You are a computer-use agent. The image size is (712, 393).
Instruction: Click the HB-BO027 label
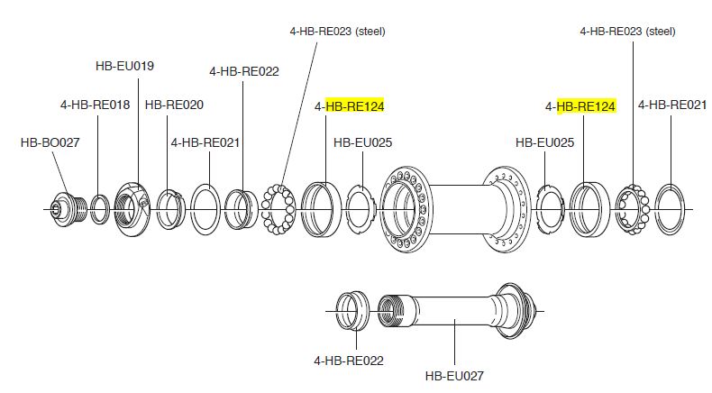(46, 142)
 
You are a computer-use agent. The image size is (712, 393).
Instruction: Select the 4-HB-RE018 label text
(95, 105)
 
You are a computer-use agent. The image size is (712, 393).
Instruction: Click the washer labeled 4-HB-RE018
(102, 209)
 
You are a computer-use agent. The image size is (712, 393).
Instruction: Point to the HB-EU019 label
(124, 66)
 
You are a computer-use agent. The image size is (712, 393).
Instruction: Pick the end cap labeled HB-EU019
(134, 209)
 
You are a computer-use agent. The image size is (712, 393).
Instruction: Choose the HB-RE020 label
(174, 105)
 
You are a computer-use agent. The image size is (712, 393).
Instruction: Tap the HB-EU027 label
(455, 375)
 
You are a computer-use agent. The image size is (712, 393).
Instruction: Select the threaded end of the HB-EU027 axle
(395, 311)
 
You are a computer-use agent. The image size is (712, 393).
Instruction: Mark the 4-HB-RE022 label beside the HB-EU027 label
(349, 361)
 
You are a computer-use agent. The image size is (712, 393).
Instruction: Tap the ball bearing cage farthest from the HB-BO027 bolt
(632, 209)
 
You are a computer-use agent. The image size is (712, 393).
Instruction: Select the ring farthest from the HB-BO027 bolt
(672, 208)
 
